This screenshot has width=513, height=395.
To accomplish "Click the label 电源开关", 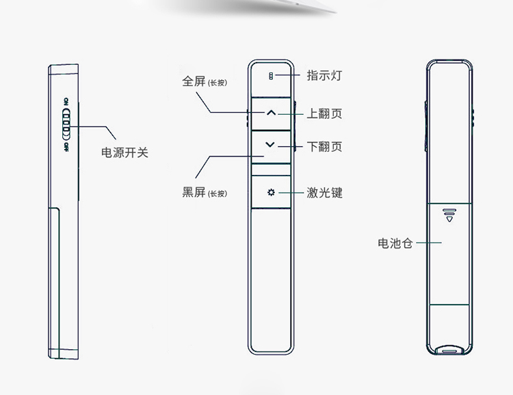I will pyautogui.click(x=124, y=153).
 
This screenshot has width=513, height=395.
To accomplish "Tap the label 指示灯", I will pyautogui.click(x=324, y=75).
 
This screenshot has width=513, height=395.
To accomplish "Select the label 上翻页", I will pyautogui.click(x=324, y=113).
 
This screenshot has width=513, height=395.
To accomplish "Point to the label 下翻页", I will pyautogui.click(x=324, y=147).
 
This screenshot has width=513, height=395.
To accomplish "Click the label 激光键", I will pyautogui.click(x=324, y=193).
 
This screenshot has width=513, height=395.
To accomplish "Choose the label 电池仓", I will pyautogui.click(x=395, y=243).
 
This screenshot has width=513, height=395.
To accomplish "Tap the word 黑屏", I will pyautogui.click(x=194, y=193).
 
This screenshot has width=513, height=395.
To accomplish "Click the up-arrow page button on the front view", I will pyautogui.click(x=271, y=113).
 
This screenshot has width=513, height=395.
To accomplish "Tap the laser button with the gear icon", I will pyautogui.click(x=271, y=193).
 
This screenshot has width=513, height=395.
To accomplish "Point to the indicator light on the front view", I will pyautogui.click(x=271, y=76).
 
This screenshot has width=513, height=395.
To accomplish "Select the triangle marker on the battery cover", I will pyautogui.click(x=449, y=218).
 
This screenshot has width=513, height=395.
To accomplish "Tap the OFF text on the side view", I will pyautogui.click(x=66, y=147).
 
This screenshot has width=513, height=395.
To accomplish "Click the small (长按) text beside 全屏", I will pyautogui.click(x=218, y=83).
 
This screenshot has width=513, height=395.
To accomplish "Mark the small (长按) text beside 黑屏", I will pyautogui.click(x=218, y=194).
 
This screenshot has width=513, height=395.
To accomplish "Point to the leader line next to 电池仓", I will pyautogui.click(x=428, y=243).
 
